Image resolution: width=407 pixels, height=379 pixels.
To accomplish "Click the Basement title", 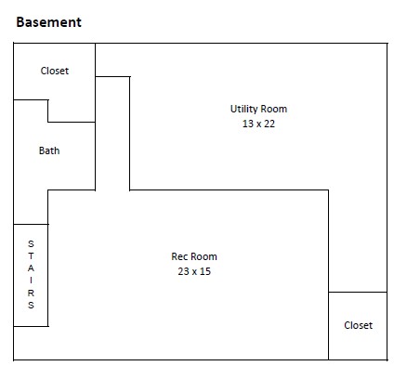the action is [48, 22].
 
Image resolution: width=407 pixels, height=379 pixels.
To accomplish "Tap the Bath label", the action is [49, 150].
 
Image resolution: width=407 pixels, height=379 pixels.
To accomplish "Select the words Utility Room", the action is [258, 109].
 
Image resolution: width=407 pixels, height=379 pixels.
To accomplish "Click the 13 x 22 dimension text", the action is [258, 124].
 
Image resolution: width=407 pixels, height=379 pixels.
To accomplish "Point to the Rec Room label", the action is [194, 256].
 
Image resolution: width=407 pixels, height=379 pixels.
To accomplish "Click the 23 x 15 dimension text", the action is [194, 271].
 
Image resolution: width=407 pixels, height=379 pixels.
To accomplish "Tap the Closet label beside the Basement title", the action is [55, 71].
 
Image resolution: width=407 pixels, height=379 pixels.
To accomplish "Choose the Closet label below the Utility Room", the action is [359, 325].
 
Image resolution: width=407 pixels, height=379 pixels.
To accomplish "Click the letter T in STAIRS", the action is [31, 256].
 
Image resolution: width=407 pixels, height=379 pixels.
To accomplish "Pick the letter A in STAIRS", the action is [31, 268].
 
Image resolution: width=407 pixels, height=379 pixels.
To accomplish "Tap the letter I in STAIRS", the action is [31, 281].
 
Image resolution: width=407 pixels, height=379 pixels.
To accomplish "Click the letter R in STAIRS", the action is [31, 293].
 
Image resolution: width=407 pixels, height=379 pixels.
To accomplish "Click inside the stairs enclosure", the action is [31, 275].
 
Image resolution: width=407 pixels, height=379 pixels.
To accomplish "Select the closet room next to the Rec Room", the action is [358, 326].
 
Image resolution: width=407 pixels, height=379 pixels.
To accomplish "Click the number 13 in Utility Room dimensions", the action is [248, 124].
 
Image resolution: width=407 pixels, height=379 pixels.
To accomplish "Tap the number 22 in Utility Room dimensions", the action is [269, 124].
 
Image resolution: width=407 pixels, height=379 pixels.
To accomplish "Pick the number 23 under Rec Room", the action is [183, 271].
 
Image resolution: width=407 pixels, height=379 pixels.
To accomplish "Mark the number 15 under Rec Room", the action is [205, 271].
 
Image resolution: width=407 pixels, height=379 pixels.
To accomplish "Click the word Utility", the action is [243, 110].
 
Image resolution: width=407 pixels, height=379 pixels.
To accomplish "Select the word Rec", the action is [178, 256].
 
